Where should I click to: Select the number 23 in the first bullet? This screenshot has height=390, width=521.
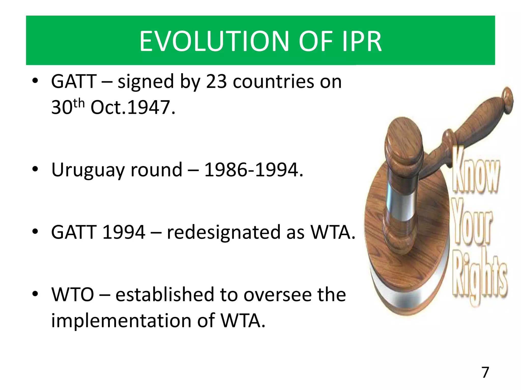coord(216,82)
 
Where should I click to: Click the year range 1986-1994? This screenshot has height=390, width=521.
coord(254,170)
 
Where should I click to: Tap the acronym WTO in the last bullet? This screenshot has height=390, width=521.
coord(73,295)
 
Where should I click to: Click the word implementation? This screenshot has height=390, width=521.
coord(121,320)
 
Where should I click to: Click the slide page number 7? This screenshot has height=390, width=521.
coord(485,372)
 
